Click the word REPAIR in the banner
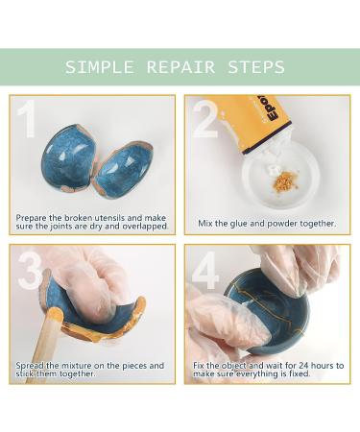click(x=180, y=67)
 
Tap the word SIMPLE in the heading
click(x=100, y=67)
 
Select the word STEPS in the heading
click(x=256, y=67)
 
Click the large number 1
click(x=27, y=119)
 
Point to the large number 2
click(x=205, y=119)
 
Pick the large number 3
click(x=30, y=271)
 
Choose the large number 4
click(x=205, y=271)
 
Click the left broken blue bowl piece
click(x=69, y=157)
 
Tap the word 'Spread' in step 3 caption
click(x=30, y=366)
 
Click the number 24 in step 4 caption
click(x=303, y=365)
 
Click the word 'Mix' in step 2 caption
click(x=205, y=223)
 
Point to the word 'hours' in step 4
click(x=323, y=365)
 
